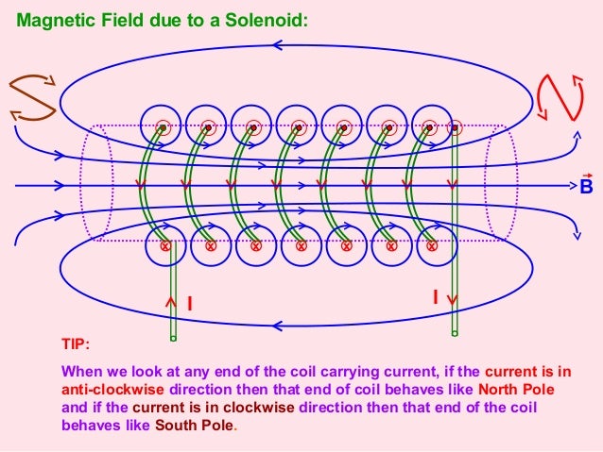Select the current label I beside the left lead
point(189,304)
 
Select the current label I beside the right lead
point(435,297)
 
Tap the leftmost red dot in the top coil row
point(163,126)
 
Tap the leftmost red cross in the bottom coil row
point(165,246)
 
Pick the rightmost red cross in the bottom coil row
point(431,246)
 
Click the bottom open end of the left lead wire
point(173,337)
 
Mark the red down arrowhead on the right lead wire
point(454,298)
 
